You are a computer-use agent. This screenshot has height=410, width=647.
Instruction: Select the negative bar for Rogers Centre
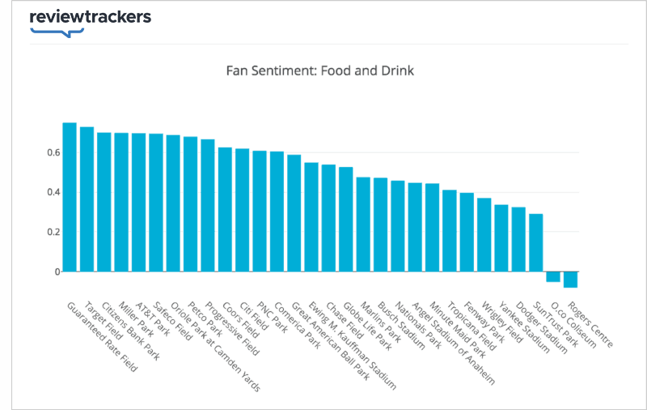click(x=570, y=280)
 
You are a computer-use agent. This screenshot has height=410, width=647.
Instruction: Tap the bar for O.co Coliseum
click(x=553, y=276)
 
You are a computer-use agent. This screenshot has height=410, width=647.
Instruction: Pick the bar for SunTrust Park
click(x=536, y=242)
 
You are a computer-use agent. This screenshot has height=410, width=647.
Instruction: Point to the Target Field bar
click(x=87, y=199)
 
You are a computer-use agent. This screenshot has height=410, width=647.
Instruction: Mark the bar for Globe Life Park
click(x=345, y=219)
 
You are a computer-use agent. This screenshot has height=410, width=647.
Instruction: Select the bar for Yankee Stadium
click(x=501, y=238)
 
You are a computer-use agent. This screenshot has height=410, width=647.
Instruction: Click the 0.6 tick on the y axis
click(x=53, y=152)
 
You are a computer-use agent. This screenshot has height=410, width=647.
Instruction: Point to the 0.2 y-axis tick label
click(x=53, y=232)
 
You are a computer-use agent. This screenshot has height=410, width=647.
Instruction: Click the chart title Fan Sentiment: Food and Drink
click(x=320, y=70)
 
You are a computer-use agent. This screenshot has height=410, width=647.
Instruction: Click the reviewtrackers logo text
click(x=90, y=17)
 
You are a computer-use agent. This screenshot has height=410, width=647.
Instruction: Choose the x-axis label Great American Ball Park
click(x=331, y=340)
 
